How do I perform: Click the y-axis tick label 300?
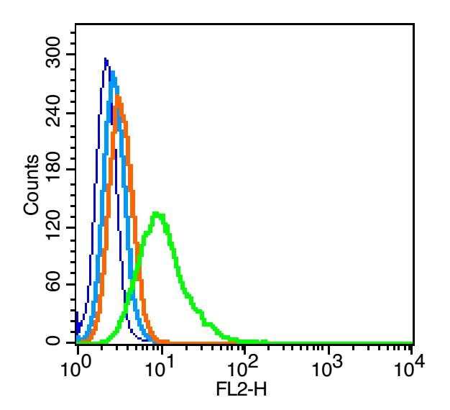53,55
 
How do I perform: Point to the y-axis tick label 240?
53,113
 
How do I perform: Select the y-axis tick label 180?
53,170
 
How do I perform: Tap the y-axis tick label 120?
53,227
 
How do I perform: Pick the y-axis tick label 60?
53,285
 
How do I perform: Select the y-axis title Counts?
31,184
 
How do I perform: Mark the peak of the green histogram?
158,213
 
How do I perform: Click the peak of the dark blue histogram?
106,58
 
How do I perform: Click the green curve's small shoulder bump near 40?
208,324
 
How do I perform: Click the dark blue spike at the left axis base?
77,316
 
